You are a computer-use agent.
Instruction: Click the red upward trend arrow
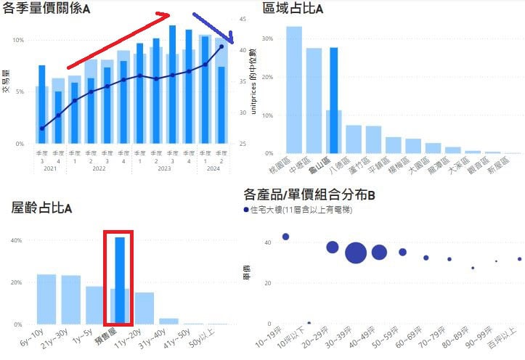(116, 40)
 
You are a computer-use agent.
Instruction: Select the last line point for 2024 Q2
(221, 47)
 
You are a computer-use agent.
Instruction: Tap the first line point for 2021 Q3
(42, 128)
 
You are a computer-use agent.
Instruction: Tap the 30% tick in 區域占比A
(268, 38)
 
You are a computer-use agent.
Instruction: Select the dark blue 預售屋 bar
(120, 279)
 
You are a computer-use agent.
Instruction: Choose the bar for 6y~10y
(46, 298)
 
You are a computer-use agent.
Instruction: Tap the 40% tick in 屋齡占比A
(15, 241)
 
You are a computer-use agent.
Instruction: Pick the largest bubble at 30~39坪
(356, 253)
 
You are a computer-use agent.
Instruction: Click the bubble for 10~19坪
(285, 237)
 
